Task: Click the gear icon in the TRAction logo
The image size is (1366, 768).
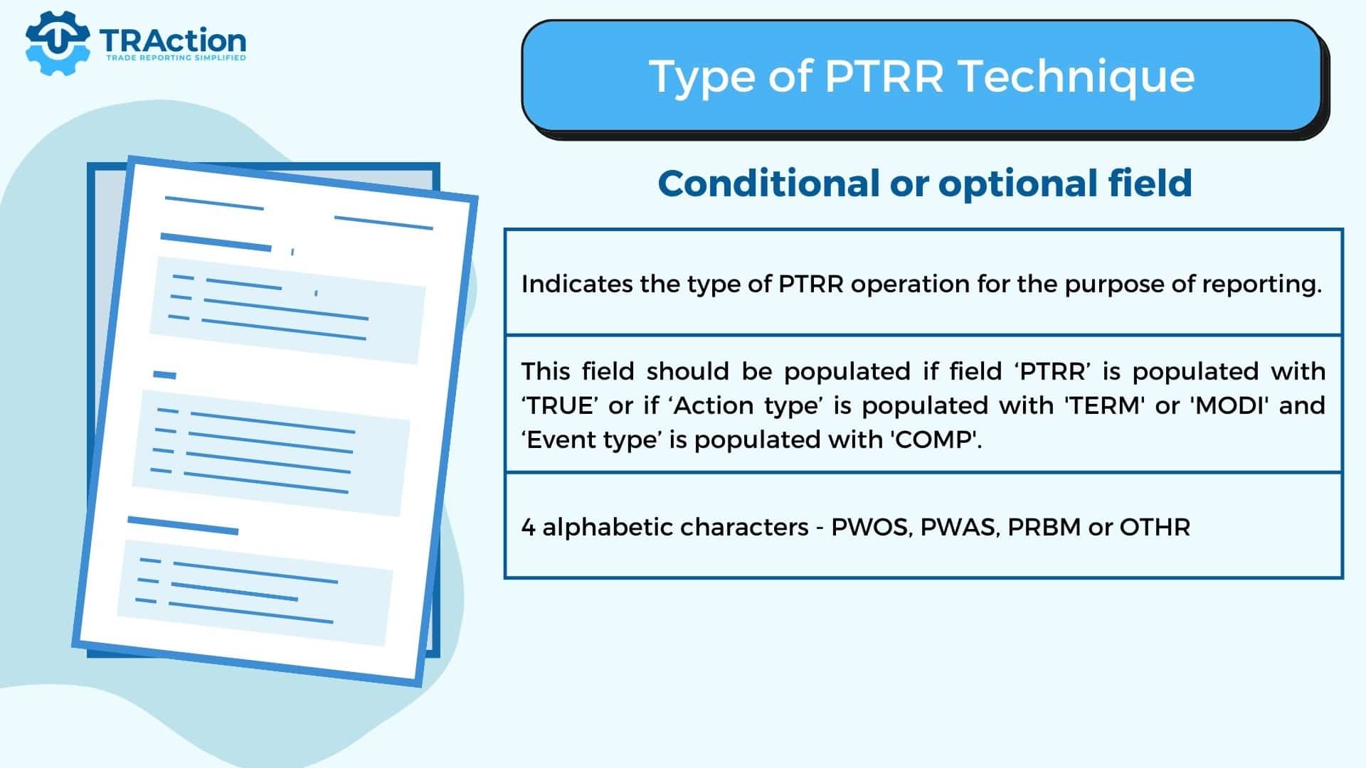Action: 57,42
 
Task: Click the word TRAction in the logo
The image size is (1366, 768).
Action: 173,41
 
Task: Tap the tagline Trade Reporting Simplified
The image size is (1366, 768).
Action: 176,58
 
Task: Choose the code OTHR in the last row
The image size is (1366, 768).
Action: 1155,527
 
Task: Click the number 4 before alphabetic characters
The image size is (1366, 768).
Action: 528,528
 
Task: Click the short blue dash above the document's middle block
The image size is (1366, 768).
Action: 164,375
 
